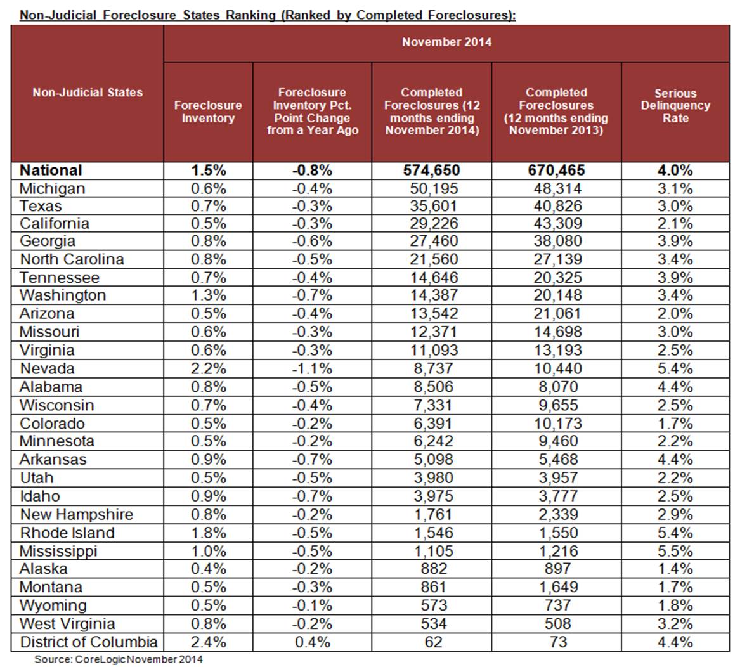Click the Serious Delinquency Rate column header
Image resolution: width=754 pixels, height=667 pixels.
coord(675,106)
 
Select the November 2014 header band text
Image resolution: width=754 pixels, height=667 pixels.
coord(446,42)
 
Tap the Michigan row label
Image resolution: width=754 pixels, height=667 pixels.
coord(52,188)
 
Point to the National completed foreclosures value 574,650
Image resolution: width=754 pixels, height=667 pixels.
coord(432,171)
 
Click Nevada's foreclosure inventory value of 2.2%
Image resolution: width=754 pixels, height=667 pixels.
coord(208,369)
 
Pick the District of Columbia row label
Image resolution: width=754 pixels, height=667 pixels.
coord(88,642)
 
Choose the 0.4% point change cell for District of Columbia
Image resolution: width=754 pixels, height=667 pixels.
coord(312,642)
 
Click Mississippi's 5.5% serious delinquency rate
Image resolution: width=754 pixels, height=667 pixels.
coord(675,551)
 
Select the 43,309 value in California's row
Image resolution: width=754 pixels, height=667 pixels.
coord(556,224)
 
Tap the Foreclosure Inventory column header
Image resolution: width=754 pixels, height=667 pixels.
coord(208,112)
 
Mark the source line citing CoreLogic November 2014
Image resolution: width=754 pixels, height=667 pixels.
coord(119,659)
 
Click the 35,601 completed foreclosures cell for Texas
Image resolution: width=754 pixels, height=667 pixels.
coord(432,206)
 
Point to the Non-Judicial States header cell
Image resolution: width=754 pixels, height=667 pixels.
coord(88,93)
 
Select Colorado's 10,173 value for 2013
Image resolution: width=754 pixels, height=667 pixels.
coord(556,424)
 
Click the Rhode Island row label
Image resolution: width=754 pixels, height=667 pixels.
coord(67,533)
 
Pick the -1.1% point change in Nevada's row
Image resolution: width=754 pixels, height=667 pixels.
coord(312,369)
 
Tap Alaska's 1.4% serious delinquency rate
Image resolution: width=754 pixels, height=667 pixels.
coord(675,569)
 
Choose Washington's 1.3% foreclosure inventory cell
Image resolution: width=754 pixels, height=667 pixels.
coord(208,295)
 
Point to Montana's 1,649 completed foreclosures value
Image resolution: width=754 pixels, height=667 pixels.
coord(556,587)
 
